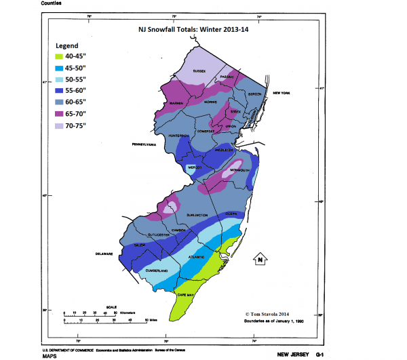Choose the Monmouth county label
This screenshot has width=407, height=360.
(240, 170)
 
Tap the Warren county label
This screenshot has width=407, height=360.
(169, 103)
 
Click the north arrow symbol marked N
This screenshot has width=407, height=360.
(258, 258)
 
